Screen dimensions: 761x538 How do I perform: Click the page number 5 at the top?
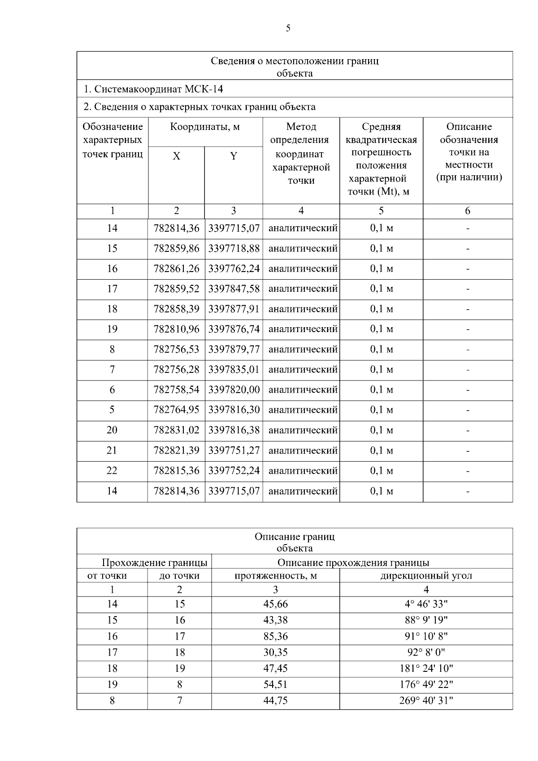pos(288,29)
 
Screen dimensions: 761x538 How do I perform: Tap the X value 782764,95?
pos(176,410)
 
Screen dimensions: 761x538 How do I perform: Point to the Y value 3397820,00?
pos(234,389)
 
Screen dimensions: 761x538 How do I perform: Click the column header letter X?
pos(177,156)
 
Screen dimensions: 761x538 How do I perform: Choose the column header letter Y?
pos(234,156)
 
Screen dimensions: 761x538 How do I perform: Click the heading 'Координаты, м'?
pos(205,127)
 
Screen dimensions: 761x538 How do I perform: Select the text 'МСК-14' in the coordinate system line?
pos(204,89)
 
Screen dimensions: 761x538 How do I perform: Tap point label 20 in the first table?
pos(112,430)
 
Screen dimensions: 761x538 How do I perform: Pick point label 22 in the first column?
pos(112,471)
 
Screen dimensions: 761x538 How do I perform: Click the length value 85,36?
pos(275,636)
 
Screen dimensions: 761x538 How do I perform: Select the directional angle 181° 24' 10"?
pos(426,669)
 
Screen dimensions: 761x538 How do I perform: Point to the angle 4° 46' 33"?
pos(426,604)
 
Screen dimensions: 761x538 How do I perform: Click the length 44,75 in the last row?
pos(275,701)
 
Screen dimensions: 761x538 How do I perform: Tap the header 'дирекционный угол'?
pos(426,576)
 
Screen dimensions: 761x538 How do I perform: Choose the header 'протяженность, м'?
pos(275,576)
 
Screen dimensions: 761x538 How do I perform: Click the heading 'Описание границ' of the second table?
pos(295,537)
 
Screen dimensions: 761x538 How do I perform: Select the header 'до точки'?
pos(179,576)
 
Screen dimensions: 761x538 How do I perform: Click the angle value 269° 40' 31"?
pos(426,701)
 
